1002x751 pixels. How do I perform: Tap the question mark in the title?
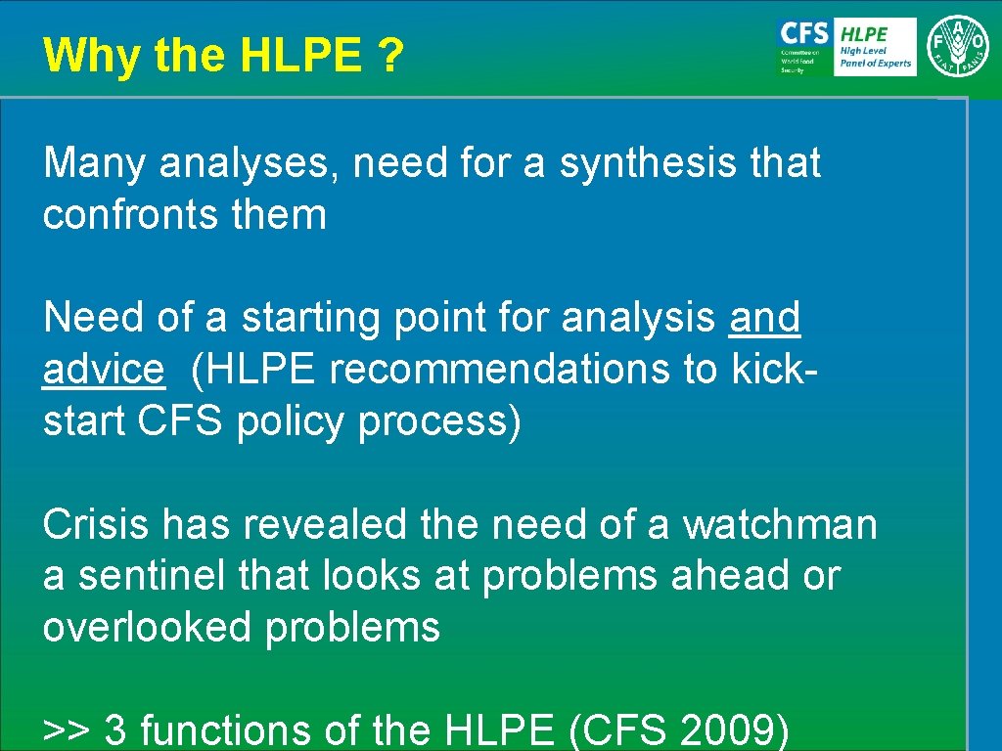click(x=389, y=57)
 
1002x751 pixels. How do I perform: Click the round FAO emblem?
click(x=958, y=46)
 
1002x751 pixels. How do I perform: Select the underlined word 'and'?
click(x=764, y=318)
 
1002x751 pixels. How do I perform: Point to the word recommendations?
click(x=523, y=369)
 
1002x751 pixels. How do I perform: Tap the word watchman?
click(x=780, y=525)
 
